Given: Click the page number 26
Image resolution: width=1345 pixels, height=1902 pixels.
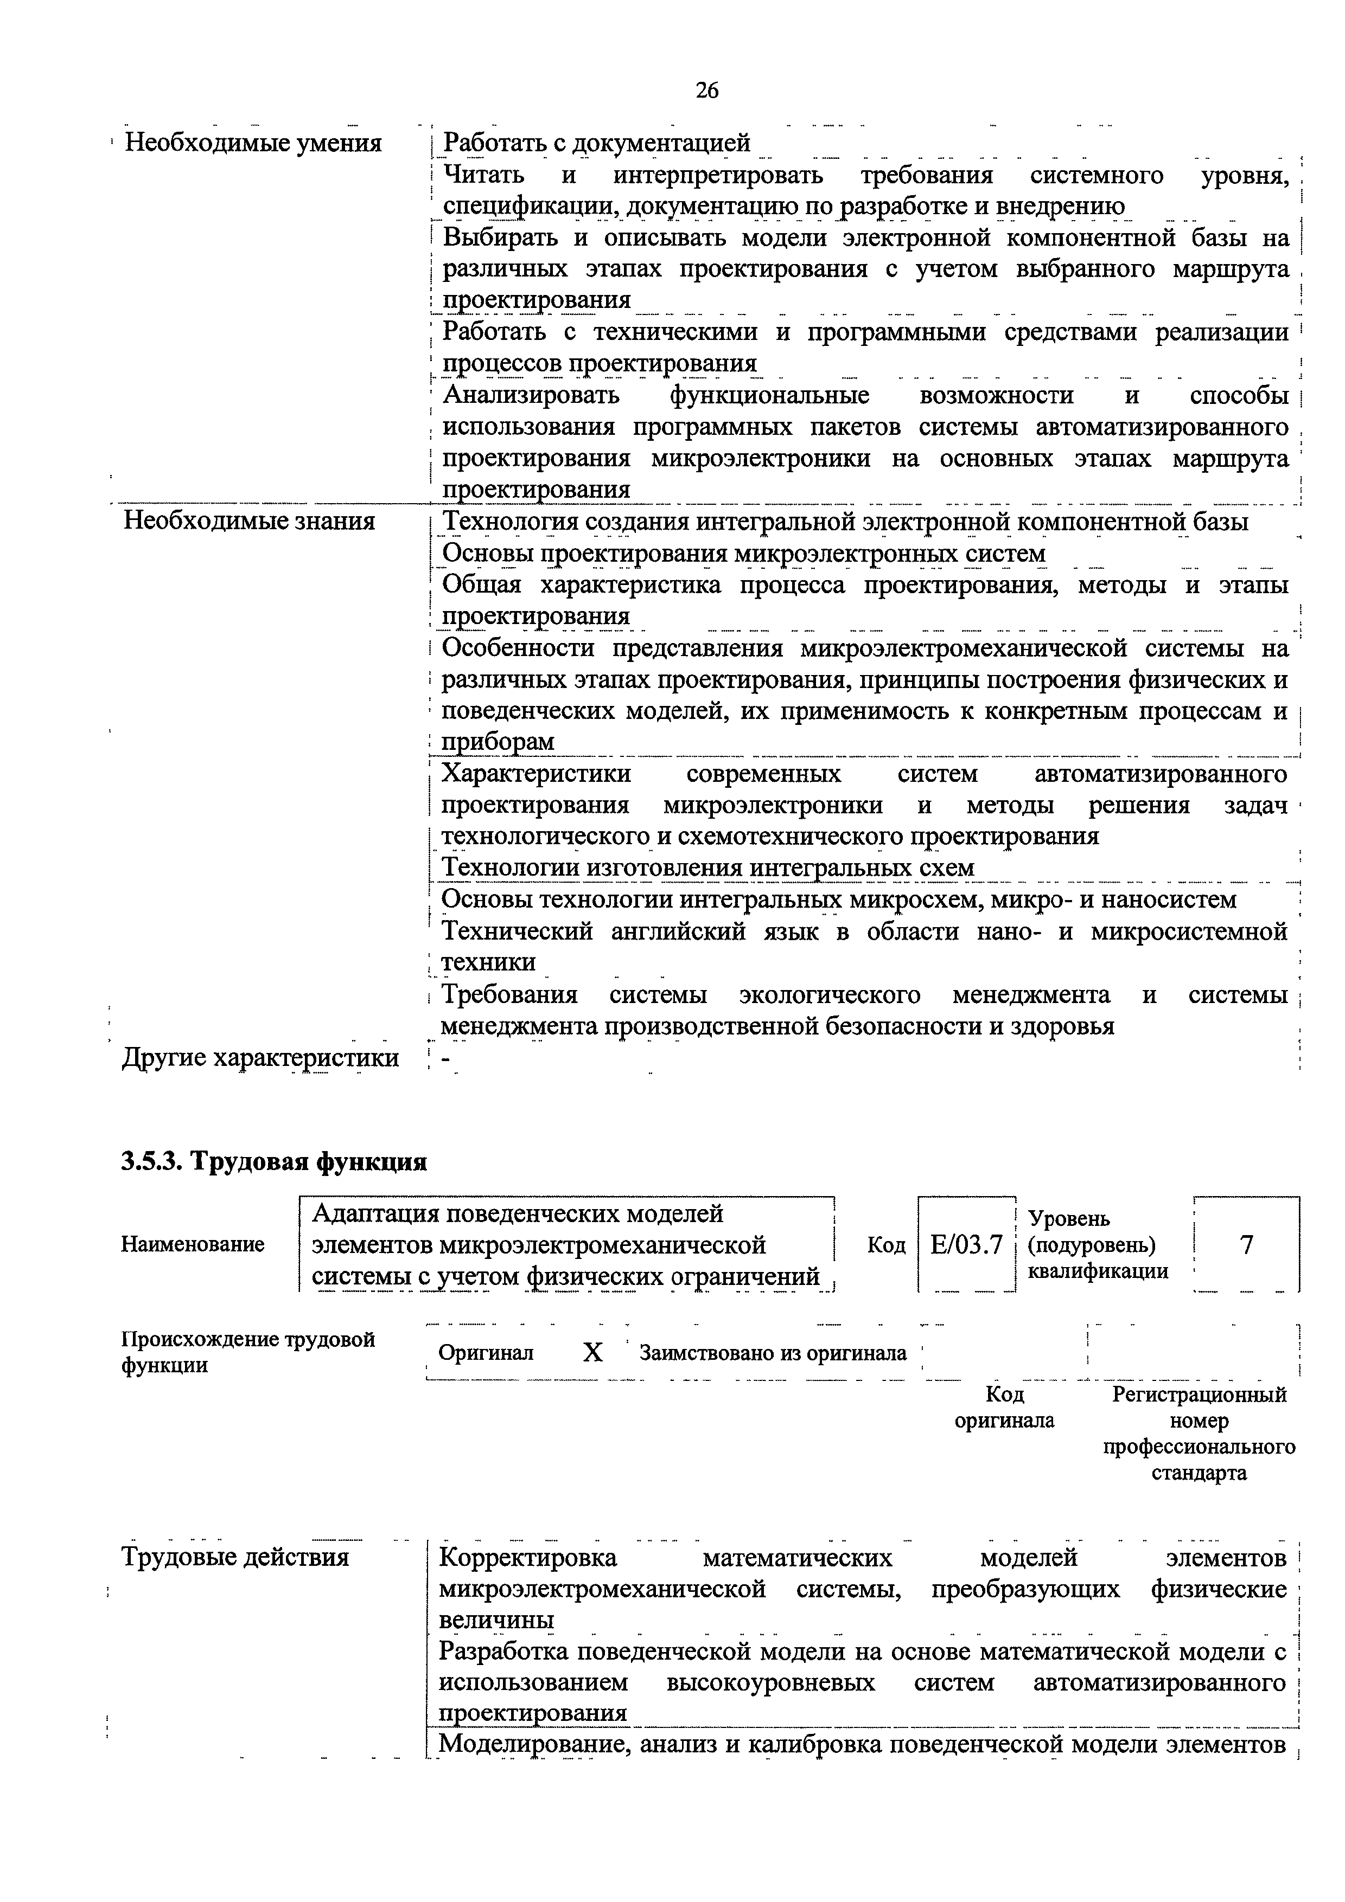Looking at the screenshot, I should pyautogui.click(x=707, y=89).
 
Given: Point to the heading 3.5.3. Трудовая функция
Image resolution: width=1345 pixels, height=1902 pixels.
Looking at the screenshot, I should pyautogui.click(x=275, y=1161).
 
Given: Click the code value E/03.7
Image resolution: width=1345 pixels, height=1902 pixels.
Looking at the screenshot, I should pyautogui.click(x=966, y=1244).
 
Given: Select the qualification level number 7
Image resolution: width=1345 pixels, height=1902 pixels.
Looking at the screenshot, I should pyautogui.click(x=1246, y=1244).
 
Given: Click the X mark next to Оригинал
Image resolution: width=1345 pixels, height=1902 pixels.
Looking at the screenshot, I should pyautogui.click(x=592, y=1353).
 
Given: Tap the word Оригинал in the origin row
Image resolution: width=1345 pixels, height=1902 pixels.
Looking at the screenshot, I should pyautogui.click(x=487, y=1353).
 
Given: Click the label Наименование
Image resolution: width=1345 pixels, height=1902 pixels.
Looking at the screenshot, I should pyautogui.click(x=193, y=1244).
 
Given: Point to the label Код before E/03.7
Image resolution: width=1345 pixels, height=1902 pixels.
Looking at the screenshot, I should pyautogui.click(x=887, y=1244).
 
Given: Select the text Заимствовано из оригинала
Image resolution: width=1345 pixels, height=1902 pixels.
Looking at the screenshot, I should pyautogui.click(x=773, y=1353).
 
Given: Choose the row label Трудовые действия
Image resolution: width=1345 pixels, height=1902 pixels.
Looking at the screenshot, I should pyautogui.click(x=235, y=1557).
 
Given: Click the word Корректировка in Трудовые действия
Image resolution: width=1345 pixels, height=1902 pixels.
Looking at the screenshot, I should pyautogui.click(x=528, y=1557).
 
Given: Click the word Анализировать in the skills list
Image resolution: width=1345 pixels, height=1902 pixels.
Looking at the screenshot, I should pyautogui.click(x=531, y=395).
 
